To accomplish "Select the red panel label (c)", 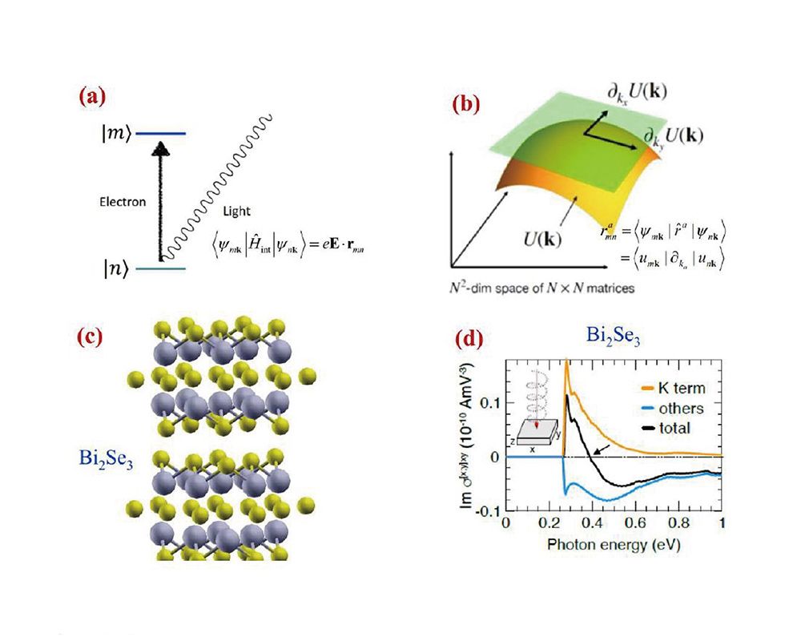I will coord(90,337).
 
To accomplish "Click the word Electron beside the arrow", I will coord(123,202).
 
